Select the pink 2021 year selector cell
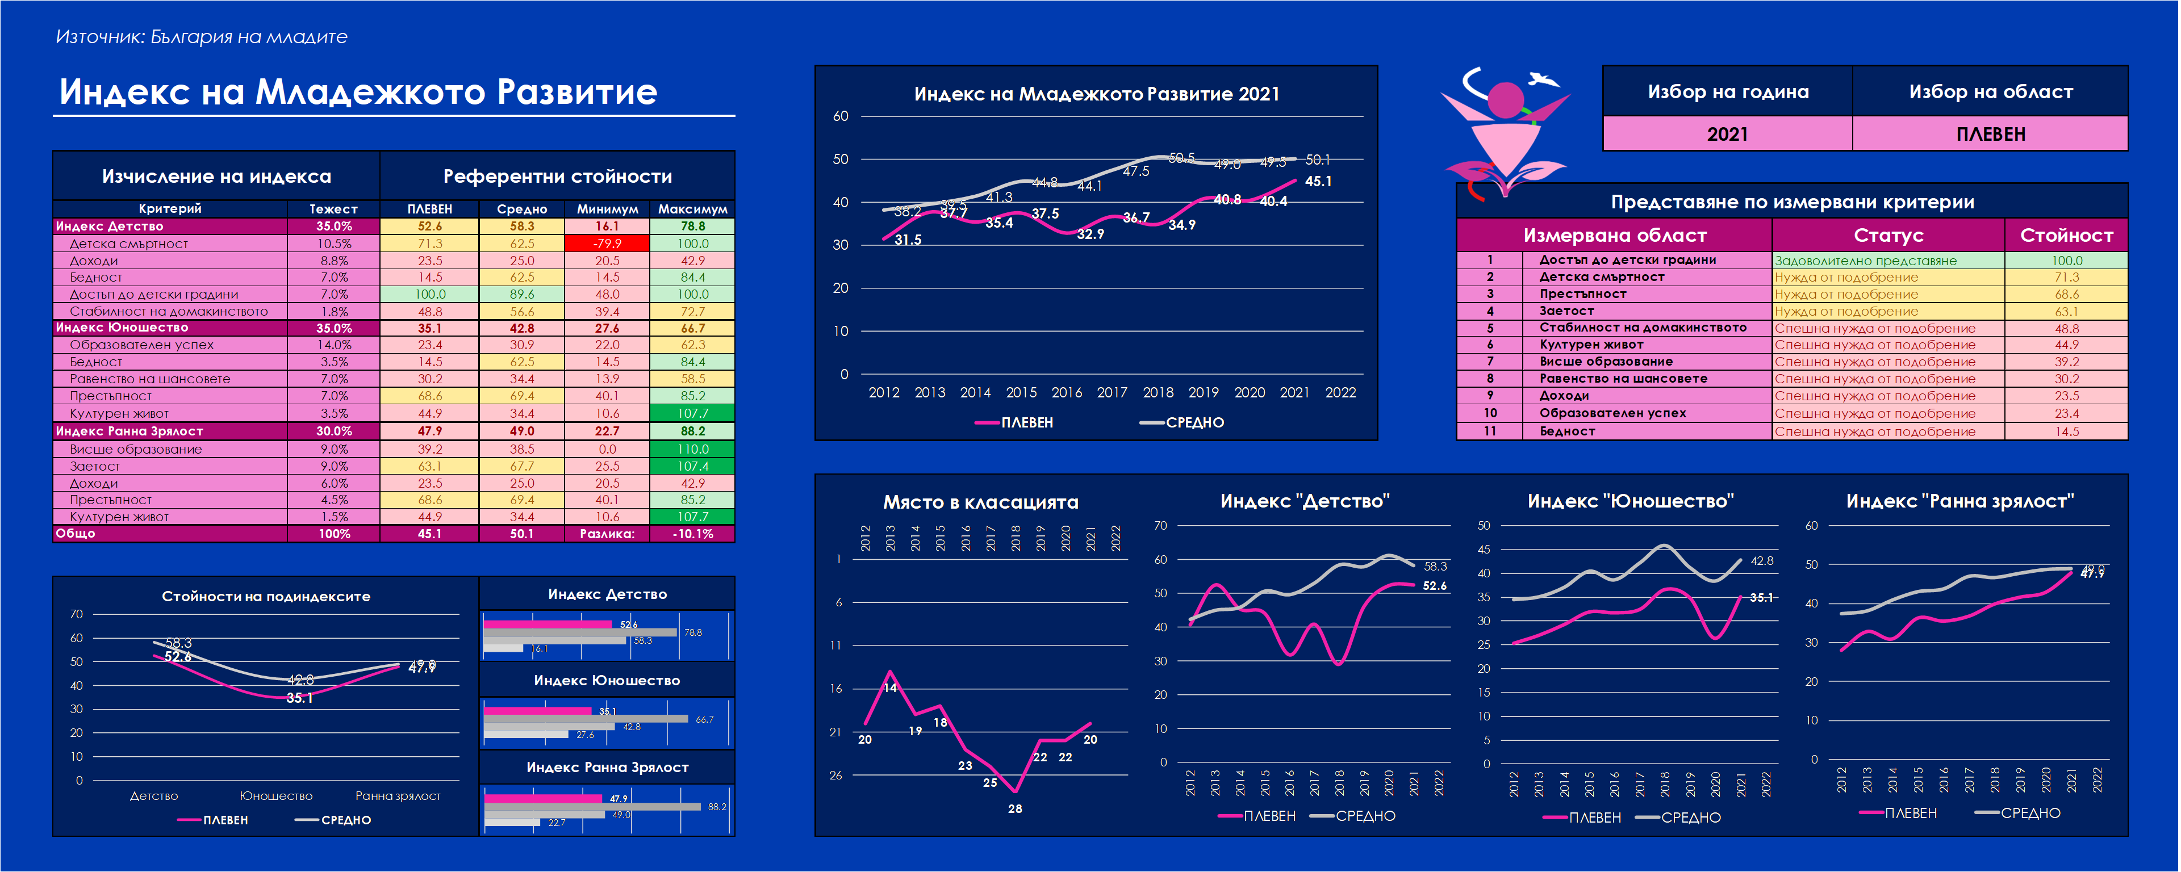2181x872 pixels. click(1727, 135)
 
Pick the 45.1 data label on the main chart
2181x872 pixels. click(1318, 181)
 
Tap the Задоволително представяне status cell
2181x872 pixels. click(1865, 261)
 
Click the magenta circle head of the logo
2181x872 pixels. click(1506, 100)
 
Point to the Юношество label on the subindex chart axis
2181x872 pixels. click(276, 796)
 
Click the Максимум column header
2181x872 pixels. click(692, 209)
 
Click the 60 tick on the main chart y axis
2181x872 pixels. click(840, 116)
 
